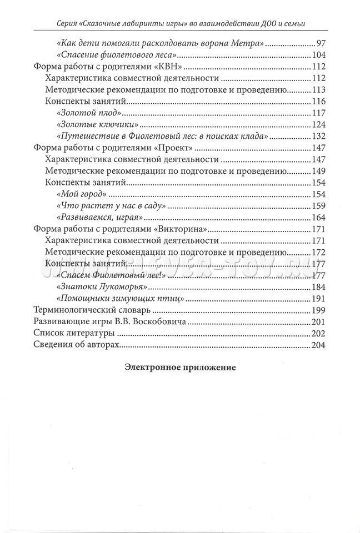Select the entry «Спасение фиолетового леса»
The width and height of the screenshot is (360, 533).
[117, 56]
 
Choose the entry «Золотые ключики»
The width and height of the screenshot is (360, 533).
[97, 124]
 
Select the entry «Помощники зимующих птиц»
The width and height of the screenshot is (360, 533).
[116, 299]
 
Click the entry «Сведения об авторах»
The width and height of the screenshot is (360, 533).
[77, 345]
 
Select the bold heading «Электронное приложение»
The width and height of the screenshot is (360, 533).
[181, 367]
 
